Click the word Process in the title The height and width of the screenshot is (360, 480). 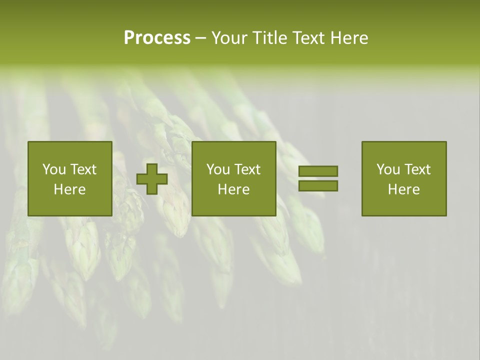[157, 38]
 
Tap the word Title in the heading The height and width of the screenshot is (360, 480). [270, 38]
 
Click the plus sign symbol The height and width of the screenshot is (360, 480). [152, 178]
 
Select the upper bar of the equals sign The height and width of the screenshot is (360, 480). [318, 171]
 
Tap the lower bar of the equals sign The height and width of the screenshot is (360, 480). [318, 186]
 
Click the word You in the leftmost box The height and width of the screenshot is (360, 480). [54, 169]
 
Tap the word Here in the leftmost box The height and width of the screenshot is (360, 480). [70, 189]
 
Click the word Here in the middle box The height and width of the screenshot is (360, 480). [234, 189]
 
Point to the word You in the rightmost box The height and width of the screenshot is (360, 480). [388, 169]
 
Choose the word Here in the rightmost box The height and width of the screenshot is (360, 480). [404, 189]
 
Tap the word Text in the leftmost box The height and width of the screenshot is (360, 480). [83, 169]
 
